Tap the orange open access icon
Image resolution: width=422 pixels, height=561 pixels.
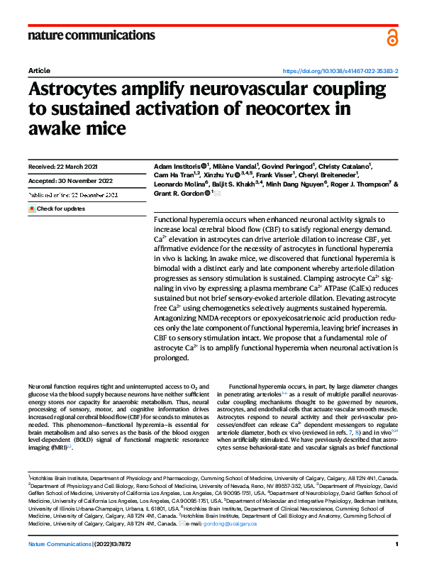(x=392, y=38)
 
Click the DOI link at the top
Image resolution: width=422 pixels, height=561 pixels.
(x=340, y=72)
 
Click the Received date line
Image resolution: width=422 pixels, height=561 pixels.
(x=62, y=167)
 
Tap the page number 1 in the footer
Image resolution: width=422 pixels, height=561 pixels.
(x=396, y=543)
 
